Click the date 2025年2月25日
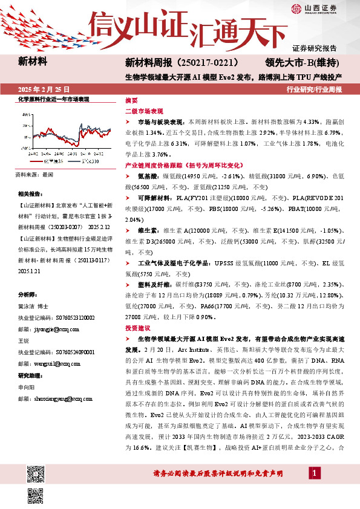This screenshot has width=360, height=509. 44,88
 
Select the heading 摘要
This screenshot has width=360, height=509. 131,100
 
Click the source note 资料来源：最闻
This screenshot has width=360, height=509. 34,174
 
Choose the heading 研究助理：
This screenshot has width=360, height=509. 30,375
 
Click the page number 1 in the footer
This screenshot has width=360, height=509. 315,489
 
